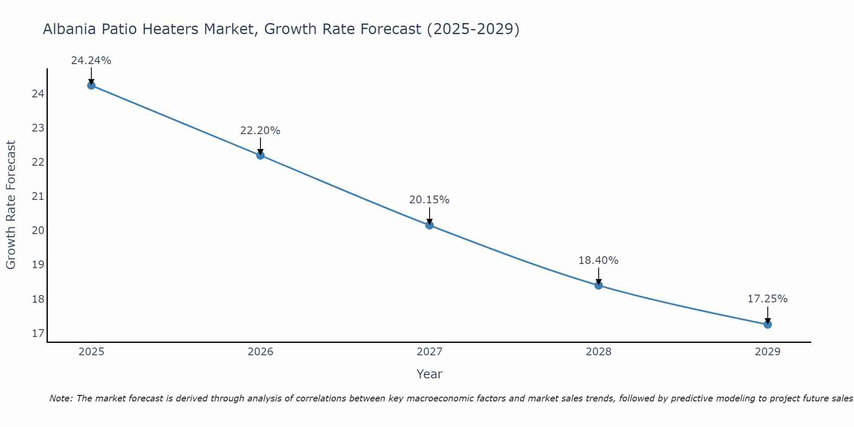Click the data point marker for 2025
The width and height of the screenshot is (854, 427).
click(x=91, y=85)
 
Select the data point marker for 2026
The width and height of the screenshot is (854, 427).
click(x=260, y=155)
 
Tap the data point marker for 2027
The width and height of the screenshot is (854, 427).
click(x=429, y=225)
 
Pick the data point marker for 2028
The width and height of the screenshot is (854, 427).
click(x=598, y=285)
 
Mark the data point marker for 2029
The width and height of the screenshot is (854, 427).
click(x=767, y=325)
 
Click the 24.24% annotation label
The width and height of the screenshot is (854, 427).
click(x=91, y=61)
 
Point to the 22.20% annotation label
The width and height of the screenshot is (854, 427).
click(x=260, y=131)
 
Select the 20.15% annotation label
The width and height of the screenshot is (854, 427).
click(x=429, y=200)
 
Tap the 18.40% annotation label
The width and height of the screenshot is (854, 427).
click(x=598, y=260)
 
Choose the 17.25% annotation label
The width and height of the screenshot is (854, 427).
click(x=767, y=299)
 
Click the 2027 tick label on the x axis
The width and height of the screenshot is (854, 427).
click(x=429, y=352)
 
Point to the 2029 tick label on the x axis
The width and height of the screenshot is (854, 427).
click(x=767, y=352)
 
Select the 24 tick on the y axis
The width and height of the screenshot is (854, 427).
click(x=38, y=94)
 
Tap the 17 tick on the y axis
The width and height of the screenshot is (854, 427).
click(x=38, y=333)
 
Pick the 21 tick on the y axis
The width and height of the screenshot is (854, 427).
click(x=38, y=196)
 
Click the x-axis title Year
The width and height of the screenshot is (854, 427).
click(x=429, y=374)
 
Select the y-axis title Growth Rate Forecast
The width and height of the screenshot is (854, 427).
click(x=11, y=205)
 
